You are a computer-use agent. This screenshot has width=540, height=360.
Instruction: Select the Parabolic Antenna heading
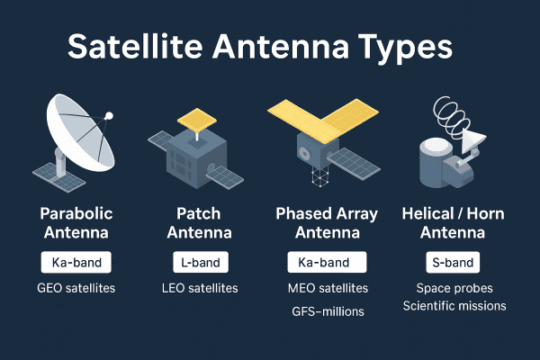75,224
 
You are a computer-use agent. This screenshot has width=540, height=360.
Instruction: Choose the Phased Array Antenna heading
327,224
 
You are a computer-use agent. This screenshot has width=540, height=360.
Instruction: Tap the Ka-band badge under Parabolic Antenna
75,263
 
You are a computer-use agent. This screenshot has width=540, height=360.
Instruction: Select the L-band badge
201,263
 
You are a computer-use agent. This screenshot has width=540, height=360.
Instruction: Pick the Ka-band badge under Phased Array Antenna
327,263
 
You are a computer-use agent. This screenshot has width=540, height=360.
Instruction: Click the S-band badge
453,263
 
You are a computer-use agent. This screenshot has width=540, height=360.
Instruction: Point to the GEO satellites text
75,289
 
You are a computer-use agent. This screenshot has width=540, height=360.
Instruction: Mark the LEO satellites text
201,289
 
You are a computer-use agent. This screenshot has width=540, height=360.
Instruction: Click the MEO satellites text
327,289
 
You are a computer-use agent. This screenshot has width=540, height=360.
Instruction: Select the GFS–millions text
327,311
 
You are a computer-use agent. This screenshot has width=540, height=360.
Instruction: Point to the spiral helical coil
446,112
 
